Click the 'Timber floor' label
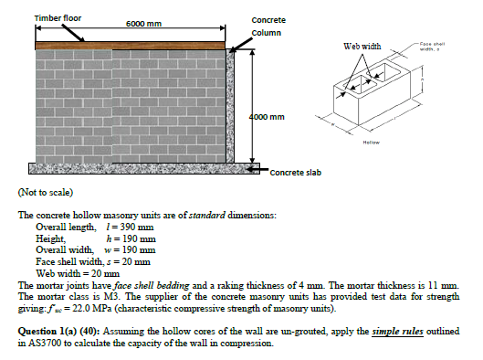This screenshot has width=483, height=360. click(x=58, y=18)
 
